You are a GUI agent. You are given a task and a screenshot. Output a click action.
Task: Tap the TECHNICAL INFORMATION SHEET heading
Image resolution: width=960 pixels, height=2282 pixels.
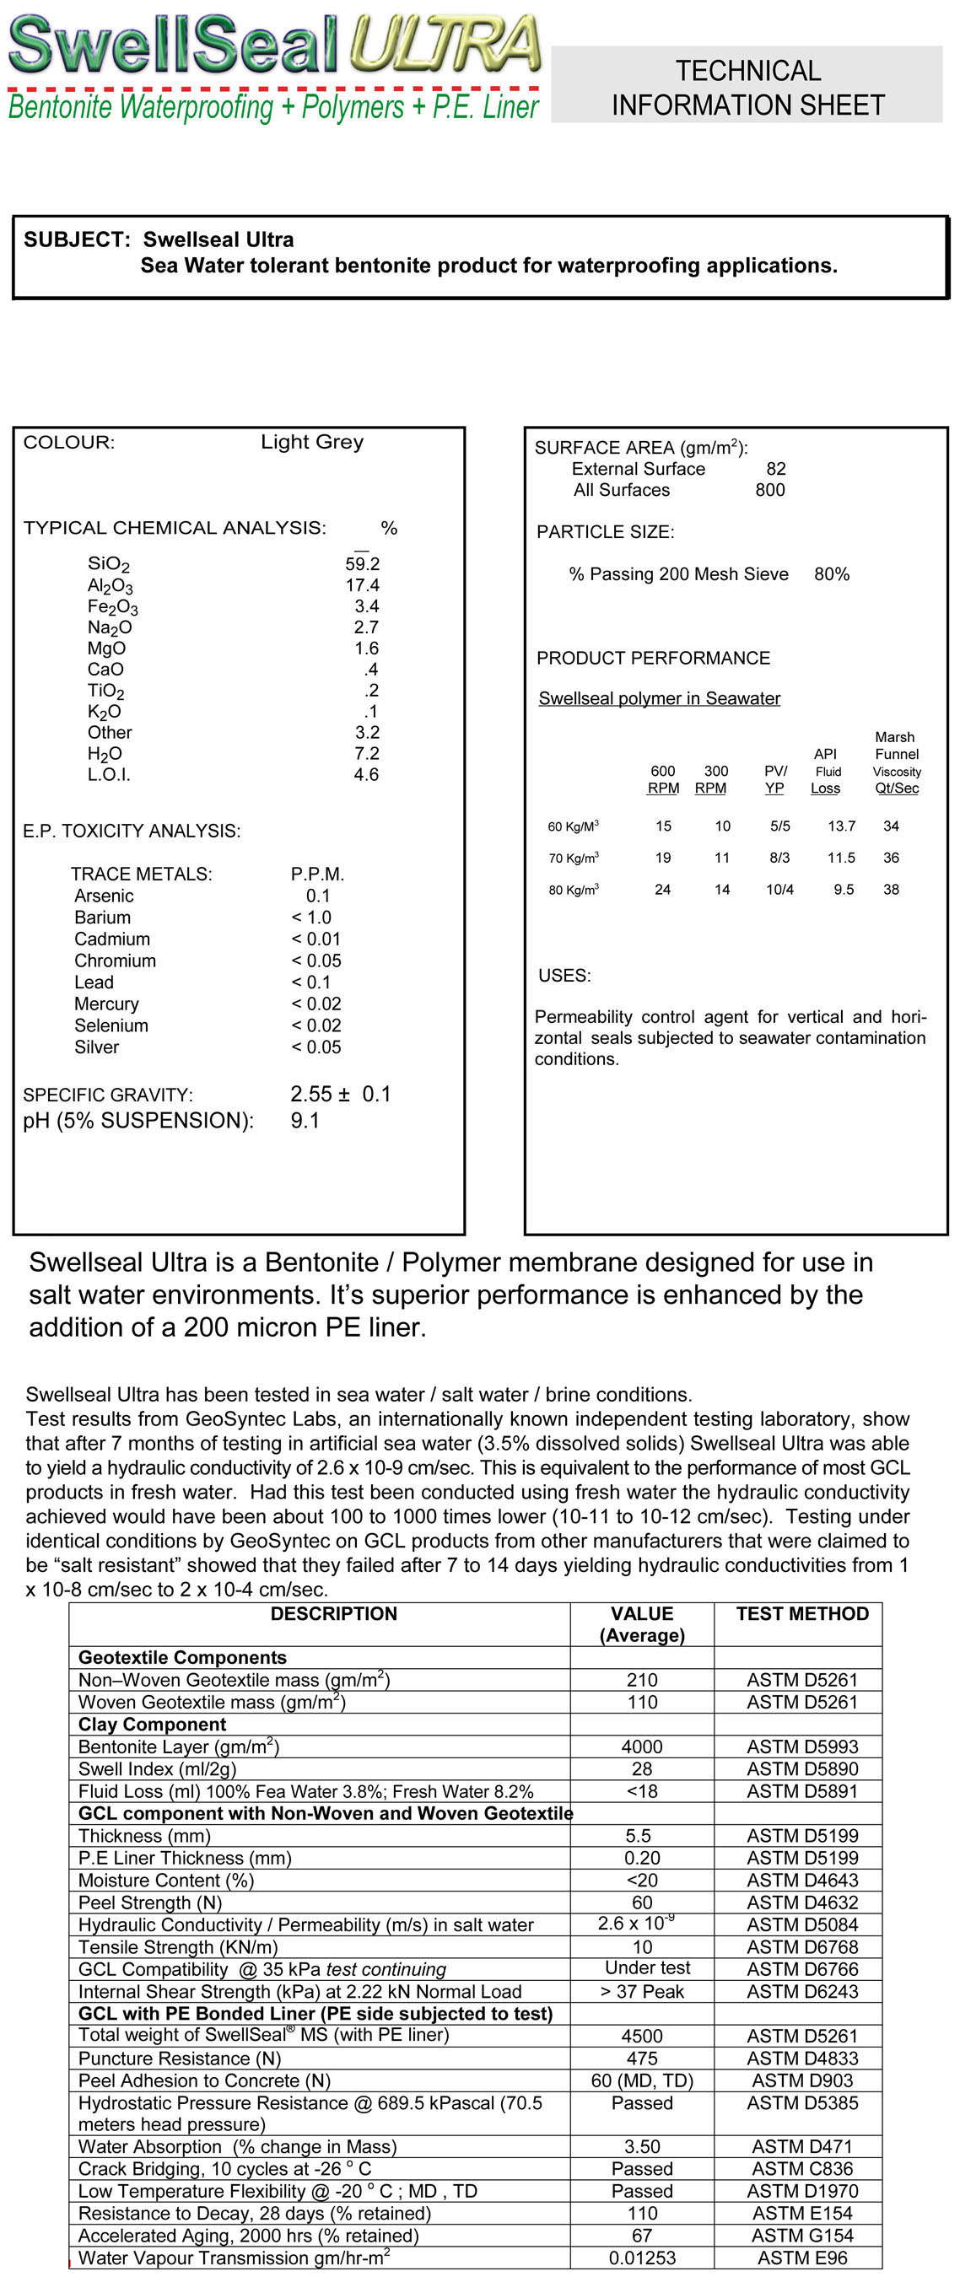[747, 88]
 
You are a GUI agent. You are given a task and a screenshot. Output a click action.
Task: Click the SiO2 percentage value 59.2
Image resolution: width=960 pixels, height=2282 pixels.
[362, 563]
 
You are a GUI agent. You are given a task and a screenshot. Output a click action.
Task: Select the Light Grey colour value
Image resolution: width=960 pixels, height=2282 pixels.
[312, 442]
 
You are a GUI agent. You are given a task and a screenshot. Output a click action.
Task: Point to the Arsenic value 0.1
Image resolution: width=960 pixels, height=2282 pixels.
[317, 896]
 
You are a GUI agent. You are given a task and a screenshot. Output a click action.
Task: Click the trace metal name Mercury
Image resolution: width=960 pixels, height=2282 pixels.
[106, 1004]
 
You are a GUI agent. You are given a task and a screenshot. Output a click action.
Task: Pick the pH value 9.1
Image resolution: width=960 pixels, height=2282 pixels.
[305, 1121]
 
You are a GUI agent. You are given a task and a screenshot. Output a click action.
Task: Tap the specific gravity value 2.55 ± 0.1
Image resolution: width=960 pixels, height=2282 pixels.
[341, 1094]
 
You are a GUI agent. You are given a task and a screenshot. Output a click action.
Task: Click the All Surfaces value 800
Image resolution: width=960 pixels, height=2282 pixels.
[769, 490]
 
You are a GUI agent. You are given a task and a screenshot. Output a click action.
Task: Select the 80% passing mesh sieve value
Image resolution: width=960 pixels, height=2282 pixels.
[832, 574]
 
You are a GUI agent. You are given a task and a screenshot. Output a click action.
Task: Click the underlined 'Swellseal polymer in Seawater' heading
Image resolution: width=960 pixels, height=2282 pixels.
[660, 698]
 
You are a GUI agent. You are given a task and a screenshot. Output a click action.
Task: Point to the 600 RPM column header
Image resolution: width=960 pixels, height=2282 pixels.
[663, 779]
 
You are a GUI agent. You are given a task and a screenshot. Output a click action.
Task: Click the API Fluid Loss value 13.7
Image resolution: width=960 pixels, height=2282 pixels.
[841, 826]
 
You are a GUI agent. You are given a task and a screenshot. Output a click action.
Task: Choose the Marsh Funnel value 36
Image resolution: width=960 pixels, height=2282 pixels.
[891, 858]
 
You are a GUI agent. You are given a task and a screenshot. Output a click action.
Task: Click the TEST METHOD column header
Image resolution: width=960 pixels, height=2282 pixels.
[802, 1613]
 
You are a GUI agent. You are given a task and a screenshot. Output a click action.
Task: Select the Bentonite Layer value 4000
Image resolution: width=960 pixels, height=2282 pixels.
[642, 1746]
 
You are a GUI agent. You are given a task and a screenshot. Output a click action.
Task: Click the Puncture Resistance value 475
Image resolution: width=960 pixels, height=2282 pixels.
[642, 2058]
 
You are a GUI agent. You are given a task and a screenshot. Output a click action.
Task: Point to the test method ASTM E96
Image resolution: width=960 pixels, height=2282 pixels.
[802, 2258]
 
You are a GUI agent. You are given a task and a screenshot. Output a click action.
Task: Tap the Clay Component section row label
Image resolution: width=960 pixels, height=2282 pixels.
[153, 1724]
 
